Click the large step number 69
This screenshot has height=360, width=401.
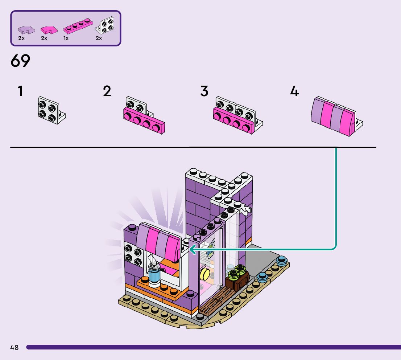click(20, 61)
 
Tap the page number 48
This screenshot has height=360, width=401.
click(15, 348)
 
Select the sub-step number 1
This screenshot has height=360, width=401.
click(20, 91)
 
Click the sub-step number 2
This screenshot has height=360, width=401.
click(107, 91)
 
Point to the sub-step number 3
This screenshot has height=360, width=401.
click(204, 91)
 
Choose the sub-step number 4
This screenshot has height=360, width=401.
click(294, 91)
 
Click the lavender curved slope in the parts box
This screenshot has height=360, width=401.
click(26, 30)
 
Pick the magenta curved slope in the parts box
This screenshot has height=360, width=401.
click(48, 30)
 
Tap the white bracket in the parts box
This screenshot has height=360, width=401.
click(104, 26)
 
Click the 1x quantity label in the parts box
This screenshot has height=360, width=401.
click(66, 38)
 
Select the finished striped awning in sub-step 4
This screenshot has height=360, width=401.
click(333, 116)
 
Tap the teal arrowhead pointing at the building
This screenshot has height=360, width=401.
click(192, 249)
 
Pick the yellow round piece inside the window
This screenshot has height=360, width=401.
click(205, 274)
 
